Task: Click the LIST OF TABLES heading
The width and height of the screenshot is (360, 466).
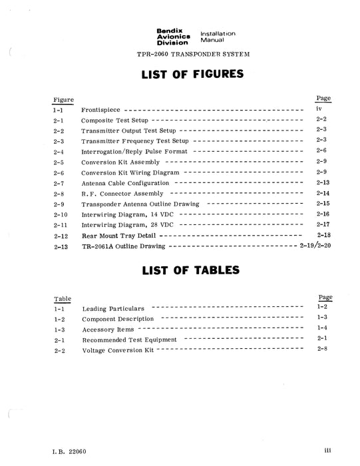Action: pos(190,272)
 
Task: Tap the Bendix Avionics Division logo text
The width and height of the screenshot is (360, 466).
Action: pos(172,37)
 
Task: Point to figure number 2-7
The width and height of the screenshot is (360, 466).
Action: pos(58,182)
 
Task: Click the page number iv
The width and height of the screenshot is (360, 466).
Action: pos(319,107)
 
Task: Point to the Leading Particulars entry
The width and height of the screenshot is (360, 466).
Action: pos(112,310)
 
